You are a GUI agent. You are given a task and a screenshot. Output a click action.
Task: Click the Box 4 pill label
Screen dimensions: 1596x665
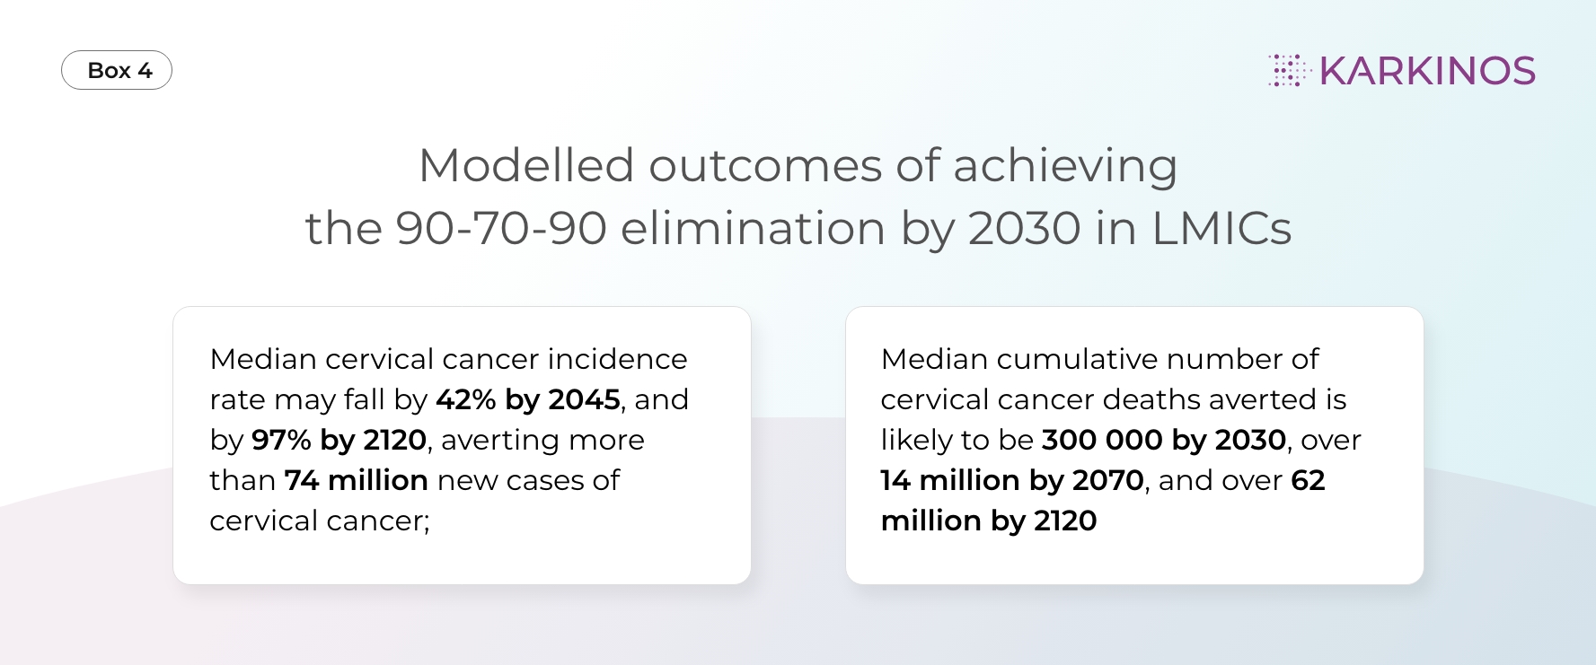point(117,70)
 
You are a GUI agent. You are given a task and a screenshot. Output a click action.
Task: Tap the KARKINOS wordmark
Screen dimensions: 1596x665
point(1427,71)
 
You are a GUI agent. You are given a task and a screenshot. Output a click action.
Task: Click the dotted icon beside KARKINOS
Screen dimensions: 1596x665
point(1289,70)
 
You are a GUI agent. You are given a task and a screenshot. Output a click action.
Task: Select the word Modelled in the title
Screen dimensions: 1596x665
point(526,165)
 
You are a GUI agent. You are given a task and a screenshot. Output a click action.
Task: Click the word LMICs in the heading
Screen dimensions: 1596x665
point(1221,228)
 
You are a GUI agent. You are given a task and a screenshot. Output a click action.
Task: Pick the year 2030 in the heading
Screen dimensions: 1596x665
point(1025,228)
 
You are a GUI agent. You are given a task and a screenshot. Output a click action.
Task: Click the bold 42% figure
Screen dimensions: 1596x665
point(466,399)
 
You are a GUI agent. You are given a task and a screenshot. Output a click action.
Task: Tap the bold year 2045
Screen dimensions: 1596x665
point(585,399)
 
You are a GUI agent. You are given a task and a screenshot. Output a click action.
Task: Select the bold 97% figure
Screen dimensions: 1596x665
point(281,440)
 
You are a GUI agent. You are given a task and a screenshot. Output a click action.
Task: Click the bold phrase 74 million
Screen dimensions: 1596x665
point(356,480)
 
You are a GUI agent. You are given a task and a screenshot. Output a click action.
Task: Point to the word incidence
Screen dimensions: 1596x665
point(618,359)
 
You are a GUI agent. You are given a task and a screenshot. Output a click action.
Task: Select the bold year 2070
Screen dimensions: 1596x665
point(1108,480)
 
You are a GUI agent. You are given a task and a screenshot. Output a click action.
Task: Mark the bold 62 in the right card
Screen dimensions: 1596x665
point(1308,480)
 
